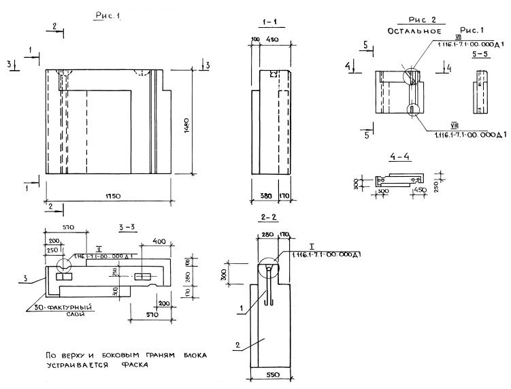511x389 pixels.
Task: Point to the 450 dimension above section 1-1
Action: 272,40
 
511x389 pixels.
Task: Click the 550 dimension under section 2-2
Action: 271,374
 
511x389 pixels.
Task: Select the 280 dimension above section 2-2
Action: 265,235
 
